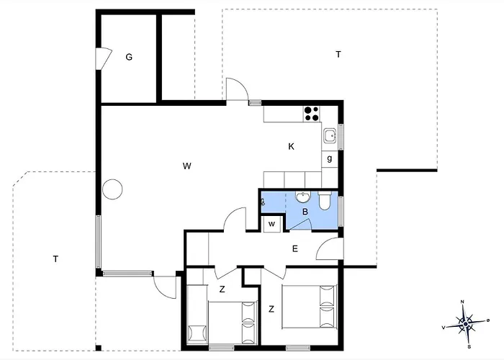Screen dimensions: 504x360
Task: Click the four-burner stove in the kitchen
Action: (x=312, y=114)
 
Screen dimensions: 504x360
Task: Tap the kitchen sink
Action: (x=330, y=136)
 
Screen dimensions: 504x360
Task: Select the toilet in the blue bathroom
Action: (x=325, y=201)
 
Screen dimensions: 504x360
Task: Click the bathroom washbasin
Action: (x=303, y=197)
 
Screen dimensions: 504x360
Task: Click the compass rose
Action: (x=465, y=323)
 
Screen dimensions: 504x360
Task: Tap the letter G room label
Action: (x=129, y=57)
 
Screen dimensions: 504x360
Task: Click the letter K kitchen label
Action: (x=291, y=147)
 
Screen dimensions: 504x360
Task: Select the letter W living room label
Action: (x=187, y=166)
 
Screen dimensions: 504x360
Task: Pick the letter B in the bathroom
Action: (x=305, y=212)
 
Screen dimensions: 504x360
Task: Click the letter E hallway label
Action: (x=295, y=249)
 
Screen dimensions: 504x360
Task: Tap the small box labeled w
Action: (x=272, y=224)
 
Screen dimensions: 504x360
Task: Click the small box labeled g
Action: (x=330, y=159)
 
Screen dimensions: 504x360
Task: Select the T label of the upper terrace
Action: (x=338, y=55)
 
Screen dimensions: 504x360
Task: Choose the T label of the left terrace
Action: (x=55, y=258)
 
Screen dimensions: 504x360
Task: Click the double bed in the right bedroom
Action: (x=309, y=306)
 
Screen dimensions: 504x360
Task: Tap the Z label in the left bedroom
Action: (x=222, y=289)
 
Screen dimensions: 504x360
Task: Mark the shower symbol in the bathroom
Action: (x=262, y=202)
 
